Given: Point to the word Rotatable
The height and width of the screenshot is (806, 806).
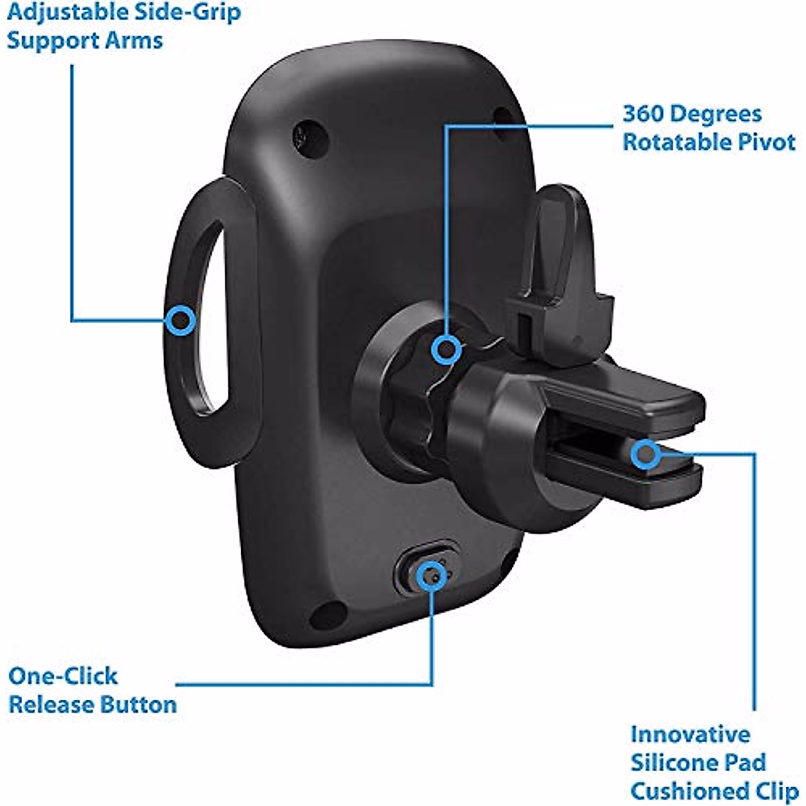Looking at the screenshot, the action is (679, 142).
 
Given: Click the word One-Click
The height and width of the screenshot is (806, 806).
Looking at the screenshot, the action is (62, 676).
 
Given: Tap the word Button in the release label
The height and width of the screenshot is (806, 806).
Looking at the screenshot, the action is (138, 705).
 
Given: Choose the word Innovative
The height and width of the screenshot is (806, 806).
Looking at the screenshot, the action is (690, 733).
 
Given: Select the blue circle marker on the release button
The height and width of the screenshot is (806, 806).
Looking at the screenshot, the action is (430, 577).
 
